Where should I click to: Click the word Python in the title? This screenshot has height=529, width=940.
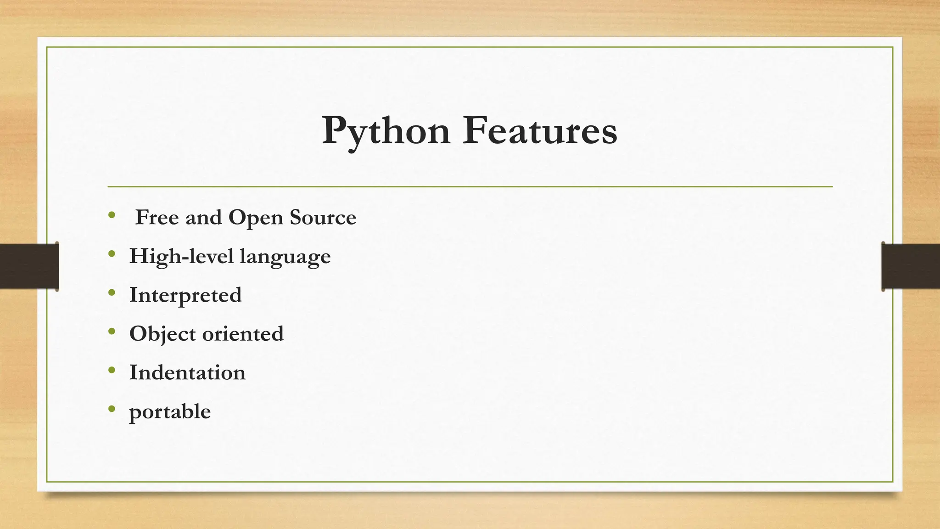tap(386, 131)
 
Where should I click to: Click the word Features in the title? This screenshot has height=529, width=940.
tap(540, 131)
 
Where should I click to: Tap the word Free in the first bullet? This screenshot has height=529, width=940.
tap(157, 217)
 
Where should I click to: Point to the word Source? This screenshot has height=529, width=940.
tap(323, 217)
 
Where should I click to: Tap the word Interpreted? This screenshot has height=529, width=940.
tap(185, 295)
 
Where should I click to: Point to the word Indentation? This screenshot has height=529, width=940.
tap(187, 372)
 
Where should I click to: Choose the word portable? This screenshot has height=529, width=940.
tap(170, 412)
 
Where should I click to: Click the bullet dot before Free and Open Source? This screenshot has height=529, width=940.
tap(112, 214)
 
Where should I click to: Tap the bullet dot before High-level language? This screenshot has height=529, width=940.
tap(112, 253)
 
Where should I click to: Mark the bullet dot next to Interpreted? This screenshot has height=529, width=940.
tap(112, 292)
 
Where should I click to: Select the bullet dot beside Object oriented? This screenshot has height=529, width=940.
tap(112, 331)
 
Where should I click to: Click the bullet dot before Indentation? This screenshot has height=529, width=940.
tap(112, 370)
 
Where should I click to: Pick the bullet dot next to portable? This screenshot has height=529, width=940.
tap(112, 409)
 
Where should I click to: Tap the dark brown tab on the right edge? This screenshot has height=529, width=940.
tap(911, 266)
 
